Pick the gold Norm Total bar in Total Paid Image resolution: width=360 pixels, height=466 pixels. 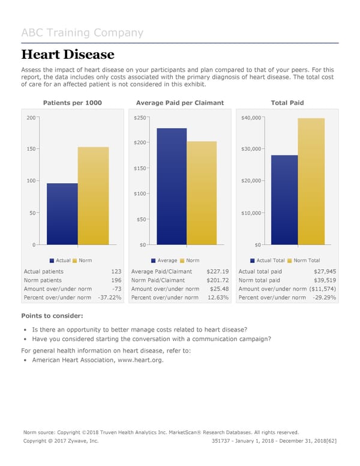coord(311,181)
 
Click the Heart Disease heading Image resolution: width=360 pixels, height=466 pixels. coord(68,55)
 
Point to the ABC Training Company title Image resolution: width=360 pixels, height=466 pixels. coord(82,32)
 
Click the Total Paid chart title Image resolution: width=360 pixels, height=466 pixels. coord(287,103)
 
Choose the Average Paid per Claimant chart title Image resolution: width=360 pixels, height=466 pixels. coord(180,103)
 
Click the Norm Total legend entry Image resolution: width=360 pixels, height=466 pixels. coord(306,260)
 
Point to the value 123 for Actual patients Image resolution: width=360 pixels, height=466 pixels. coord(116,271)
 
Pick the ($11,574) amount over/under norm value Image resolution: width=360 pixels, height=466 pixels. coord(321,289)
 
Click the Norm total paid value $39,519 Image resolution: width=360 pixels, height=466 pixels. coord(325,280)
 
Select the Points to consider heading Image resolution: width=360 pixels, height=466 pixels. coord(52,316)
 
